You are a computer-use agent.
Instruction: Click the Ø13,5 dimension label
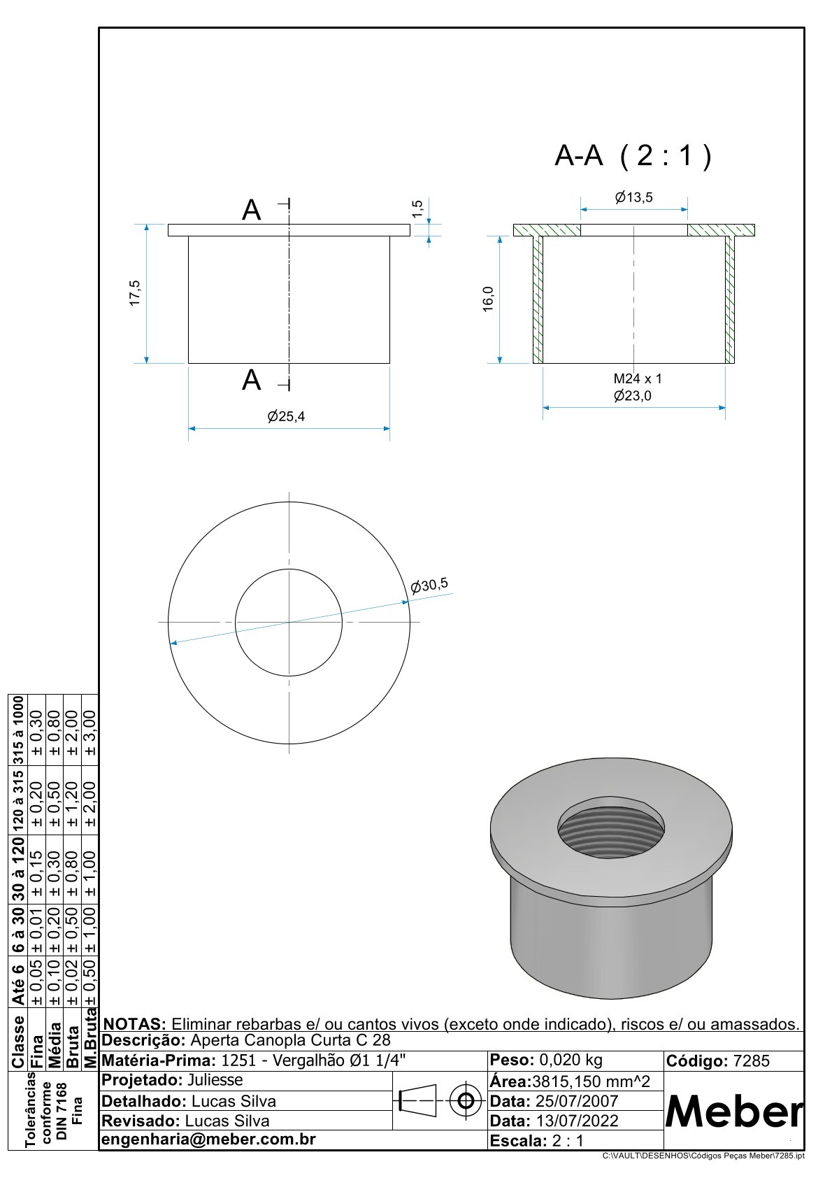click(633, 197)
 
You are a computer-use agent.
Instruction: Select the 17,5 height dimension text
click(134, 293)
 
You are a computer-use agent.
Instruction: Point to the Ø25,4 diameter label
click(286, 416)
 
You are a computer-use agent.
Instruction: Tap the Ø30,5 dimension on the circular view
click(429, 585)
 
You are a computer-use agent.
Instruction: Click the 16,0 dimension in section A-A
click(488, 299)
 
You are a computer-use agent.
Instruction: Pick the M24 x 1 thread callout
click(638, 378)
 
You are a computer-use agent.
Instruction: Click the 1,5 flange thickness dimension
click(417, 208)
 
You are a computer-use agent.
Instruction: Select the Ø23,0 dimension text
click(632, 395)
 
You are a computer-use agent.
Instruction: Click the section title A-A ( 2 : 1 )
click(633, 156)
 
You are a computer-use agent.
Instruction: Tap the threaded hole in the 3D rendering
click(611, 833)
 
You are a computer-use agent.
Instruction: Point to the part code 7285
click(751, 1060)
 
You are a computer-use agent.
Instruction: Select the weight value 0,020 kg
click(571, 1060)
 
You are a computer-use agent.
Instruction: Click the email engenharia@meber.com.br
click(208, 1139)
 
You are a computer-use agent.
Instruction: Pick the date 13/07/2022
click(577, 1121)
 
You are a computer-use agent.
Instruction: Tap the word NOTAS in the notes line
click(134, 1024)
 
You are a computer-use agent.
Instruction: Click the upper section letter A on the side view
click(251, 211)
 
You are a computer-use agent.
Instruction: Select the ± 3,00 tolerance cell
click(90, 733)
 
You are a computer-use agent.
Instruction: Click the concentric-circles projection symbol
click(466, 1100)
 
